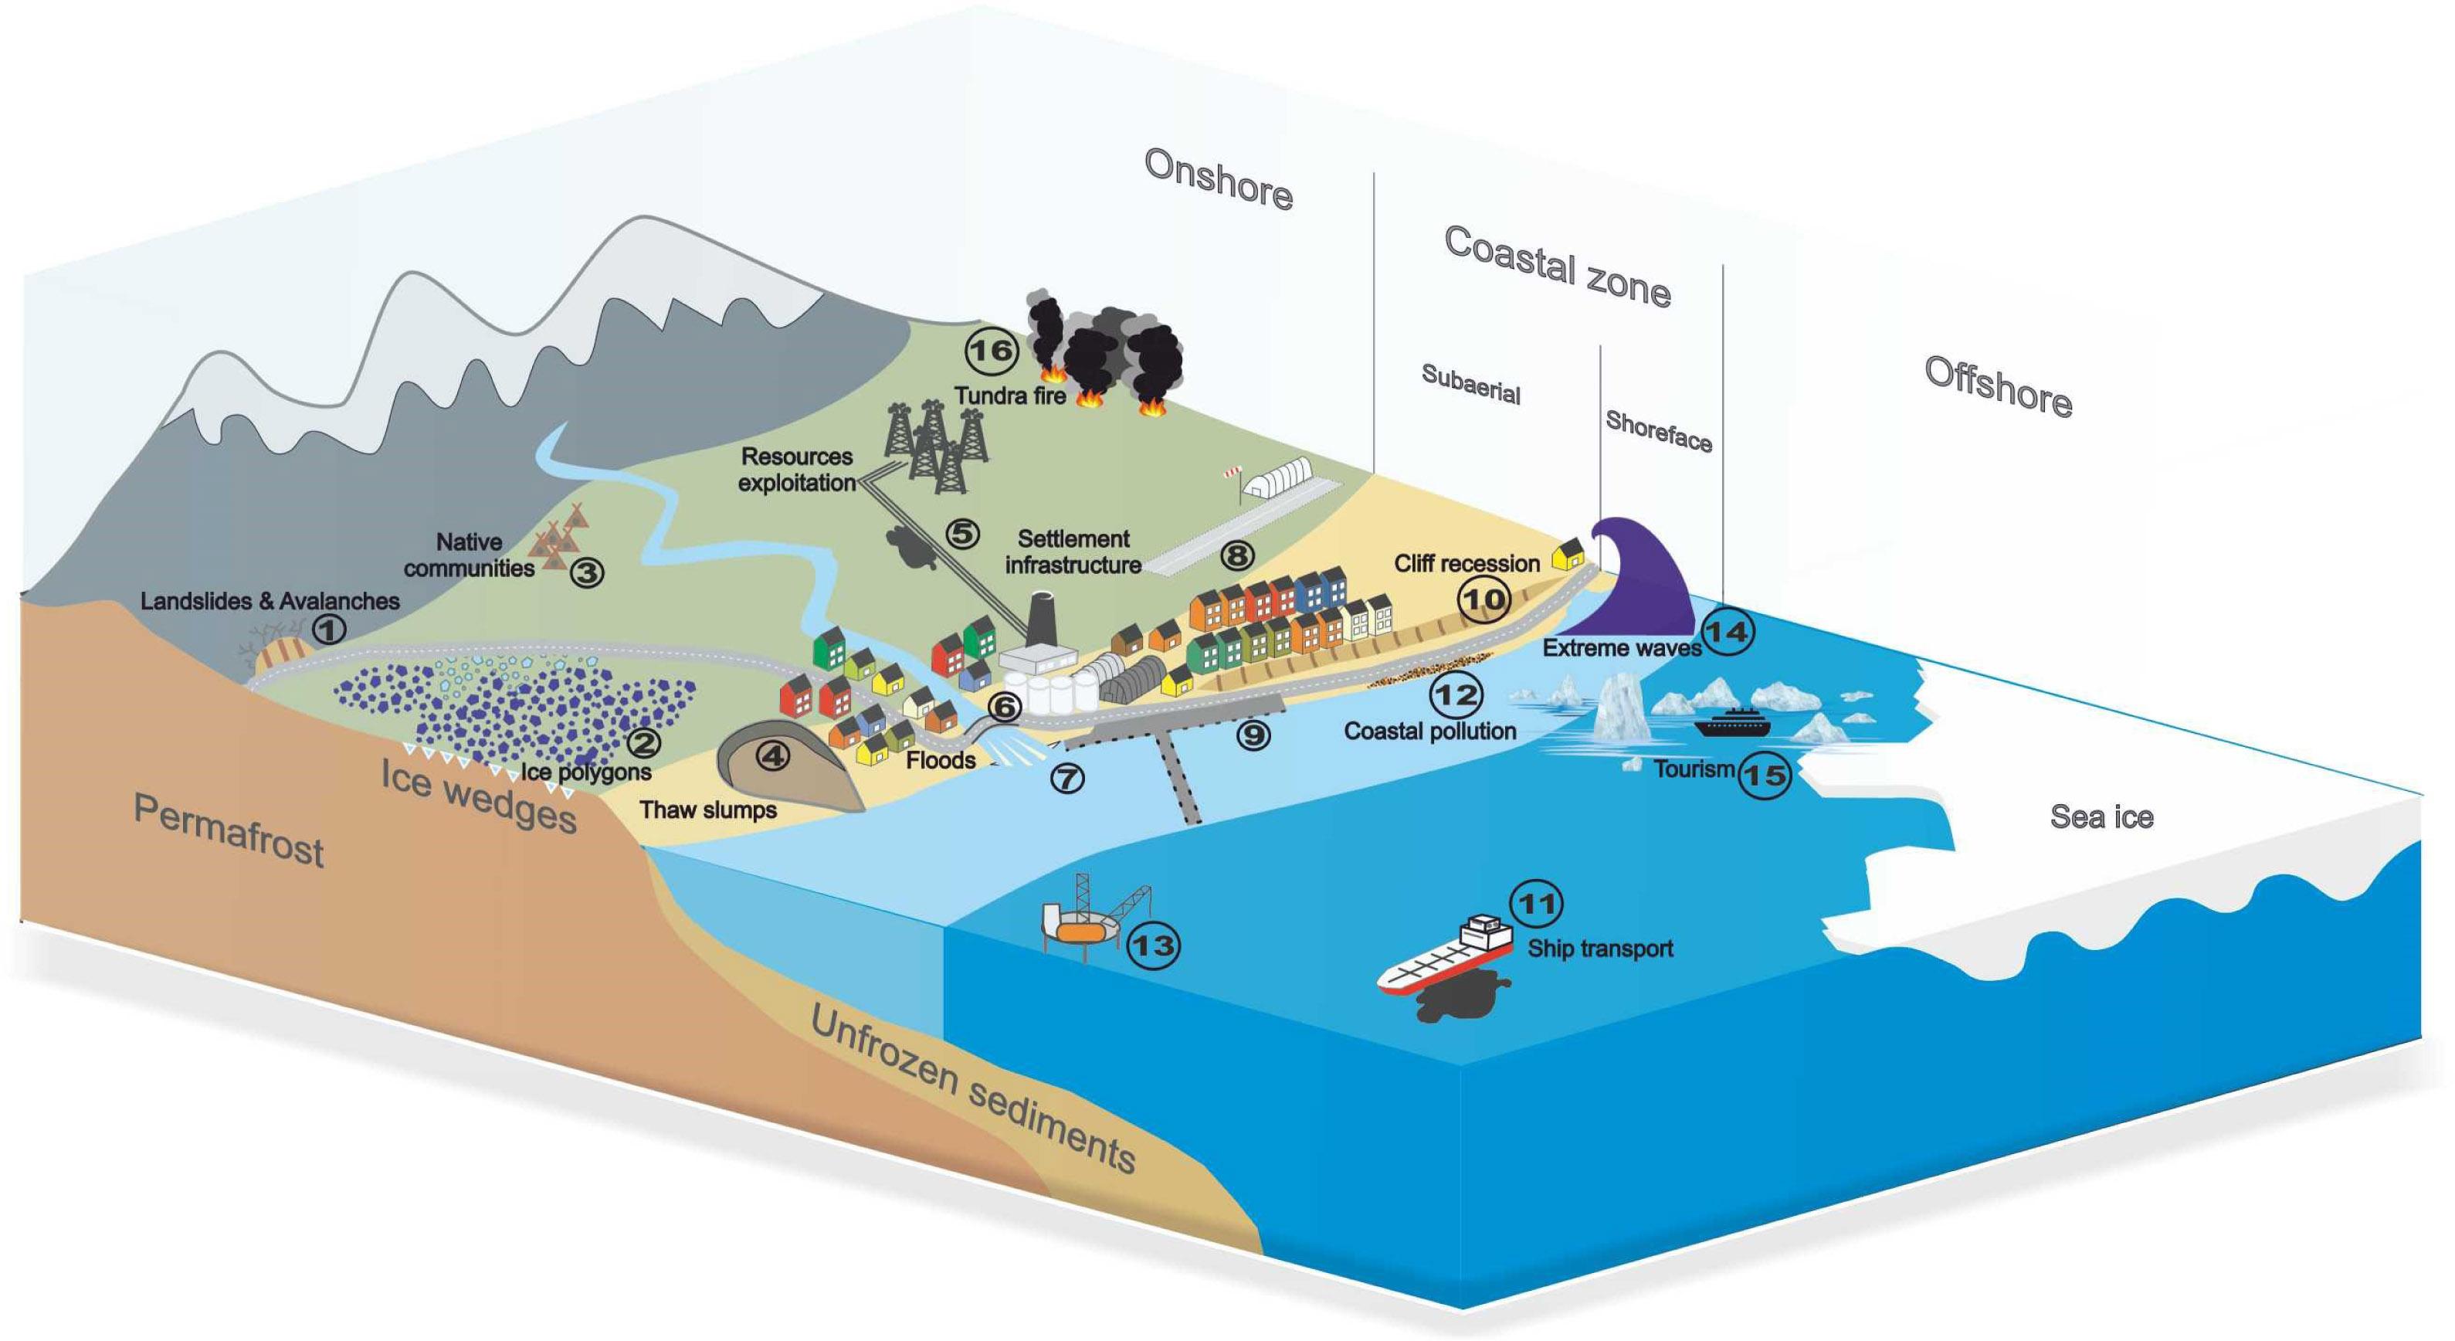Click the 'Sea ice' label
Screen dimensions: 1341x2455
[2101, 816]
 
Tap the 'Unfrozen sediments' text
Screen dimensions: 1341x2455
[972, 1091]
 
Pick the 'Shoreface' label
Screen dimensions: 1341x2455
[1658, 431]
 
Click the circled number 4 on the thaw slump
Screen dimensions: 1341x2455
[772, 755]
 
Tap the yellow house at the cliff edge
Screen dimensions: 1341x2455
[1568, 554]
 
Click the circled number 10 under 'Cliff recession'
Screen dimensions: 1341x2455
[1484, 599]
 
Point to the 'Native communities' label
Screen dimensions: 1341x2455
[469, 555]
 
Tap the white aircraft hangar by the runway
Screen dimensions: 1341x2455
[1278, 477]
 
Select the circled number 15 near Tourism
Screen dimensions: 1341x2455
[1764, 775]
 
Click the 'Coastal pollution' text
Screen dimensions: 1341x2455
[1429, 731]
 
